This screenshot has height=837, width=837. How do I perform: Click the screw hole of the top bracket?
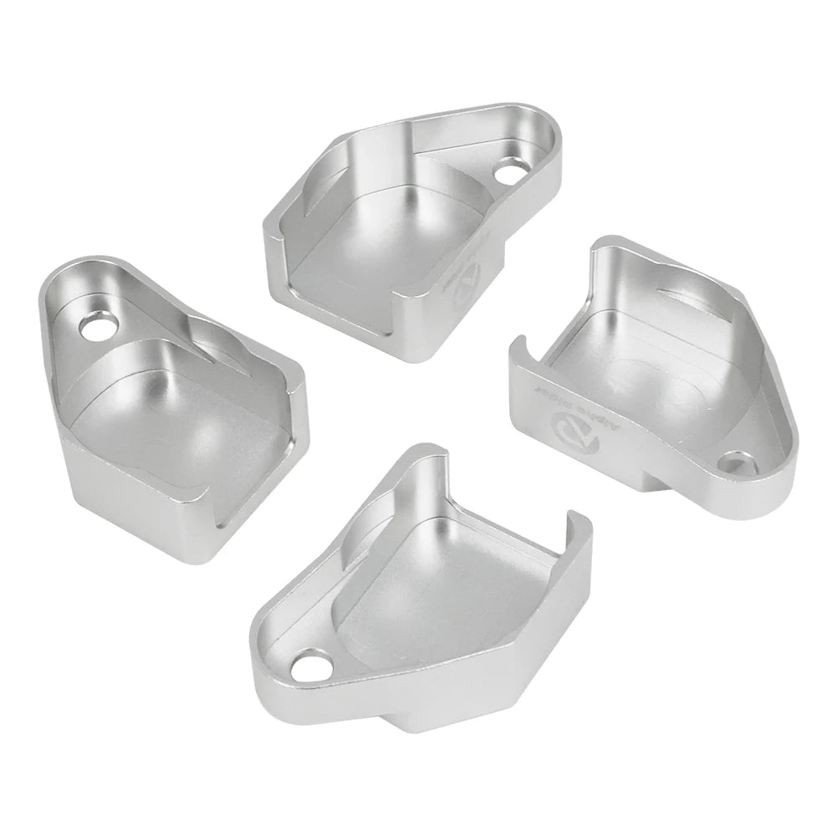pos(507,174)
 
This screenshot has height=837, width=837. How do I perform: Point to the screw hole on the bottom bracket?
pos(309,667)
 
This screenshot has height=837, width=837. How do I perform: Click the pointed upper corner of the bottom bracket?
pos(435,452)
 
